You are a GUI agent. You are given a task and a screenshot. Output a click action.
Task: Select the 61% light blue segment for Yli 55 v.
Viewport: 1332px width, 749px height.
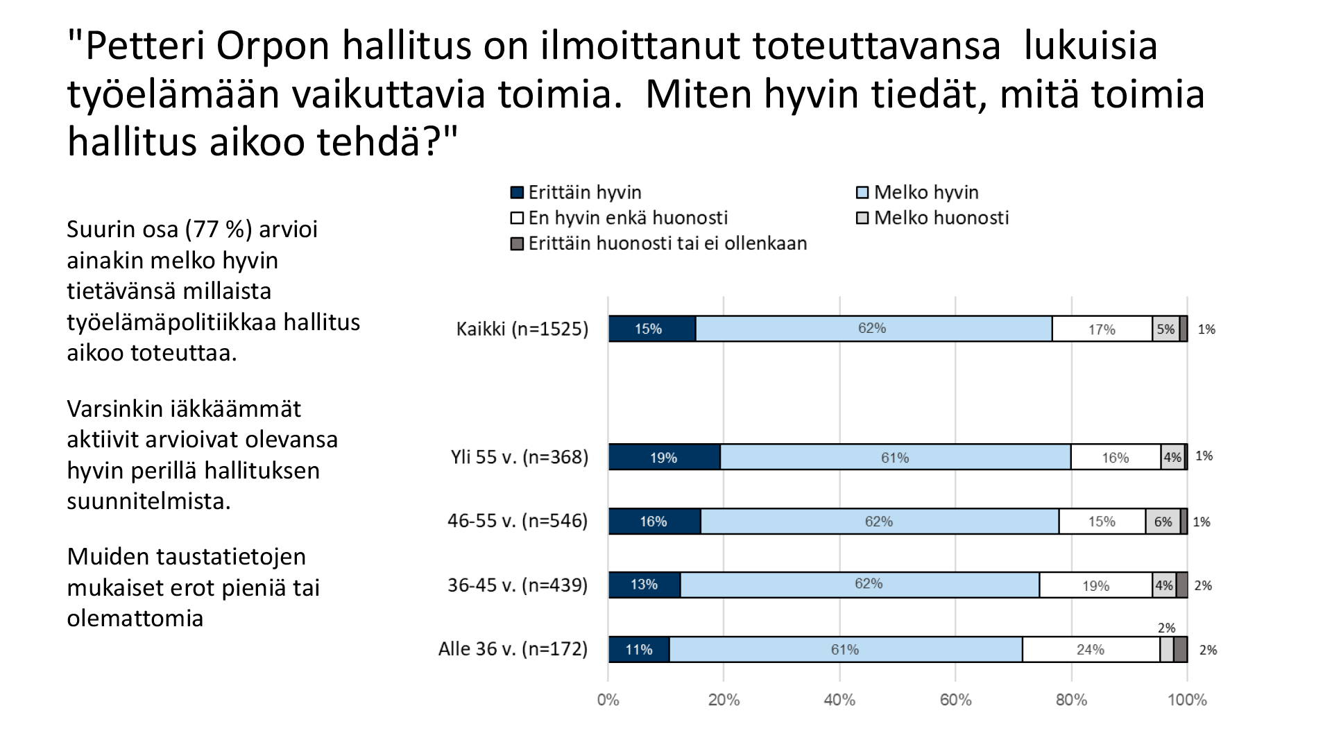(895, 457)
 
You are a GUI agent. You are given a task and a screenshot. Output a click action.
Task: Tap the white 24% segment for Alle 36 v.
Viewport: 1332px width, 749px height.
(1091, 650)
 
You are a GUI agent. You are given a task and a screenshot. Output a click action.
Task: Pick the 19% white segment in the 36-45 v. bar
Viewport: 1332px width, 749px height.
(1095, 585)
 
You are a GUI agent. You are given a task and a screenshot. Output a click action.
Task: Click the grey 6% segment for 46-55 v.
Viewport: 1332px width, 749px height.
(1163, 522)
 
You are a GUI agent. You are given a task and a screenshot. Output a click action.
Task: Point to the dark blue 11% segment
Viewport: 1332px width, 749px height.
(639, 650)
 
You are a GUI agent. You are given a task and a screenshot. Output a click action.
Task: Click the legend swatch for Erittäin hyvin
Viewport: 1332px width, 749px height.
(517, 193)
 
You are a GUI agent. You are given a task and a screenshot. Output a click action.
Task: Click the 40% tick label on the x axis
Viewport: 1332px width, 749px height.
(839, 700)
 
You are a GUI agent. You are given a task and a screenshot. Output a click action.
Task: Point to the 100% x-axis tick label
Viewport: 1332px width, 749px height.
(1187, 700)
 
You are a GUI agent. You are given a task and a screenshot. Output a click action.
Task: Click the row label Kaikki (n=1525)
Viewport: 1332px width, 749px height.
(522, 329)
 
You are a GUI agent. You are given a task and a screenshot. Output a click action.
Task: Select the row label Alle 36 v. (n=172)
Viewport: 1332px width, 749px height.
(513, 649)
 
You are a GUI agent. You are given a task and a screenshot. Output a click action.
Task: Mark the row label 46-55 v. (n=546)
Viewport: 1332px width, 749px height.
(518, 521)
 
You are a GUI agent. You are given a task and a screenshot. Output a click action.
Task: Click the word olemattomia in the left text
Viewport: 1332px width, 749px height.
(135, 618)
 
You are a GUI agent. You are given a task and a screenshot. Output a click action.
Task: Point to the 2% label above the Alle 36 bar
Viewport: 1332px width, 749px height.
(1166, 628)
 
